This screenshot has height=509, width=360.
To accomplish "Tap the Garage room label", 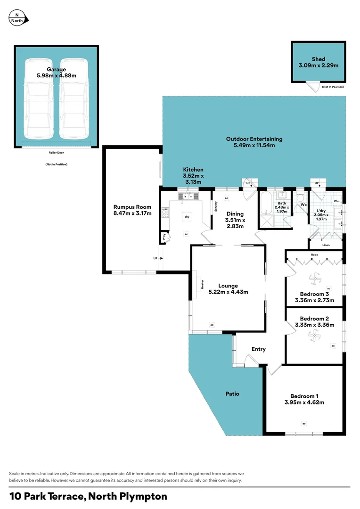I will pos(56,69).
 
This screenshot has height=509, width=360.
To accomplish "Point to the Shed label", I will pos(319,59).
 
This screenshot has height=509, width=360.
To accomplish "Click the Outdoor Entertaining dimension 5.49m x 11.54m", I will pos(254,146).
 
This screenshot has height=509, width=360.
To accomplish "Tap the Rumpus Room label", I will pos(132,206).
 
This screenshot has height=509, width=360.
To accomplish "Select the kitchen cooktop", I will pos(165,213).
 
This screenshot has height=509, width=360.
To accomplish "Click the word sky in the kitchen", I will pos(187,216).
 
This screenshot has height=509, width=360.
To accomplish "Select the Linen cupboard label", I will pos(326,245).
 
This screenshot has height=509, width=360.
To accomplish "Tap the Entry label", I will pos(259,349).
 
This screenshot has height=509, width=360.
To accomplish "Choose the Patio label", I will pos(231,394).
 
